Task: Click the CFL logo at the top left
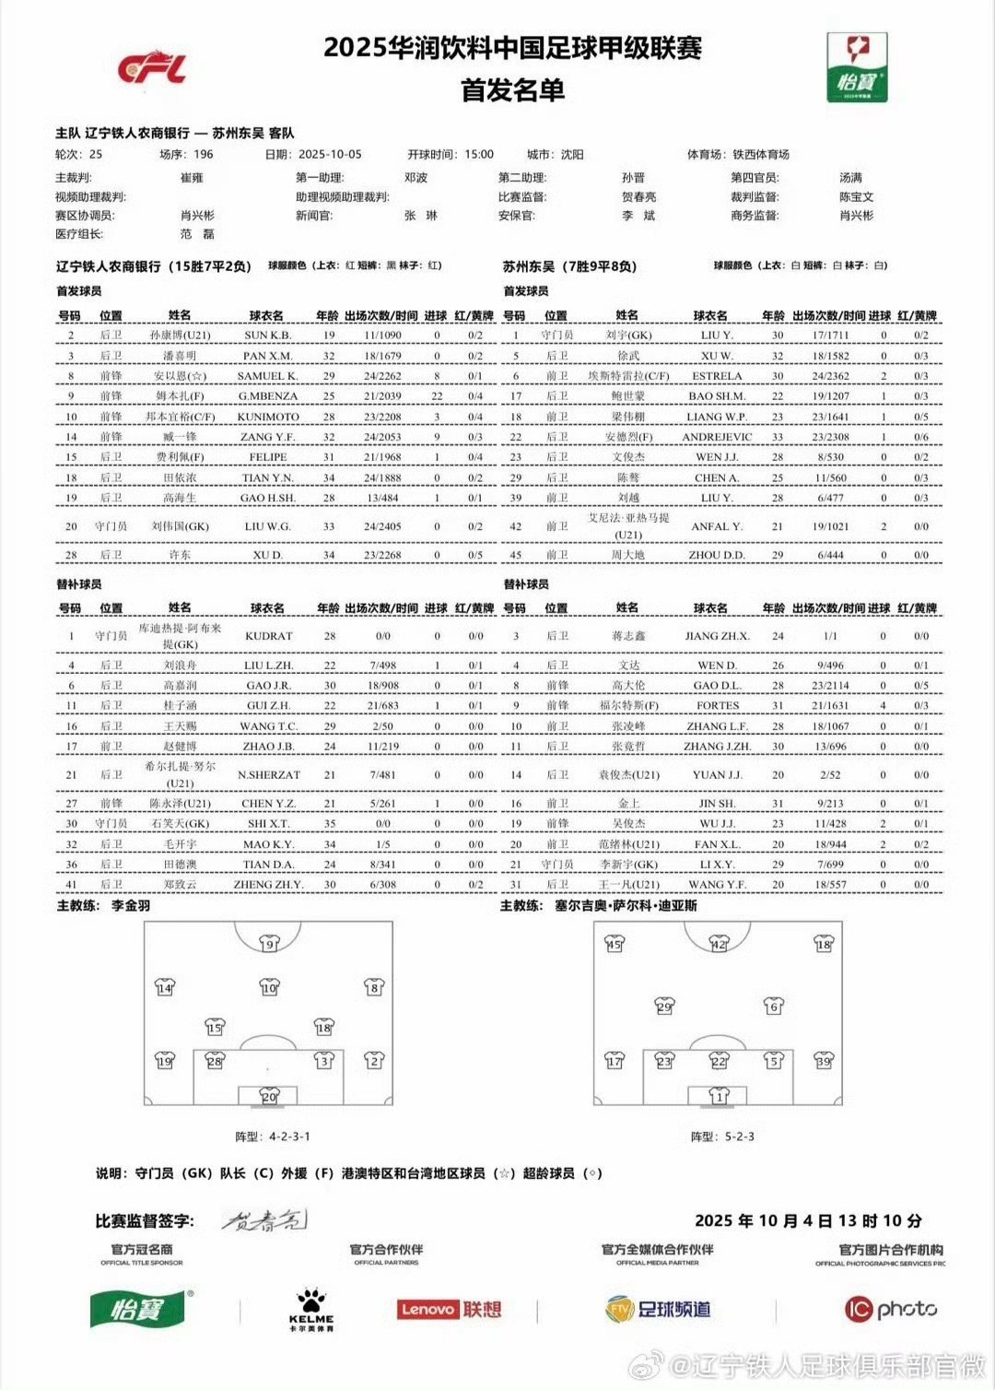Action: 152,68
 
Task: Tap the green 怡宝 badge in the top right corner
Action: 857,66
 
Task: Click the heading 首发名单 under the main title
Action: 512,90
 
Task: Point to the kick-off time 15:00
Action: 479,155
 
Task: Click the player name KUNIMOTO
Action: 268,417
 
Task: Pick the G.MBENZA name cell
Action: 268,396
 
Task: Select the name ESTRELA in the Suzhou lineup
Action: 717,376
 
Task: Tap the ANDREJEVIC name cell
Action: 717,437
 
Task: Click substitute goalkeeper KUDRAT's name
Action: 268,636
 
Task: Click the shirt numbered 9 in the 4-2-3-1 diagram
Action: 268,943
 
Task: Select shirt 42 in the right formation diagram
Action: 719,943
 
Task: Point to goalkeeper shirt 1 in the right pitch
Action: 720,1095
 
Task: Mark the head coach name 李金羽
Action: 131,906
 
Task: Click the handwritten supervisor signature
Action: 264,1220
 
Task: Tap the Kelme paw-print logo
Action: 311,1302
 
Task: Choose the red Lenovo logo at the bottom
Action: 427,1309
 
